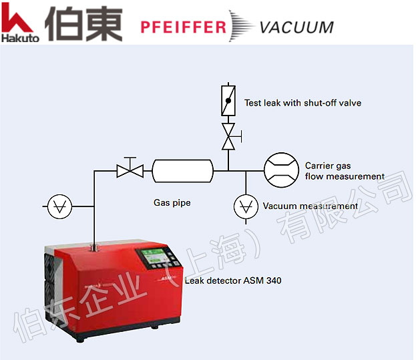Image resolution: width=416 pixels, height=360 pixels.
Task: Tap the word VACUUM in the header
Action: pos(296,27)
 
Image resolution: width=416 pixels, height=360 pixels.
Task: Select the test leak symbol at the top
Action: pos(228,100)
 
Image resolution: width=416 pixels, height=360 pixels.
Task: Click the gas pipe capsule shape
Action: pos(182,171)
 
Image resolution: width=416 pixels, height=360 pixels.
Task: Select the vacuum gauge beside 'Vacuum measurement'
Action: pos(246,206)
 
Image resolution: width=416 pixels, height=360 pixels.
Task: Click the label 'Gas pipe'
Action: pos(172,202)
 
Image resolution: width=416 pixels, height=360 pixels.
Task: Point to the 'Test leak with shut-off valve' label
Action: pos(302,103)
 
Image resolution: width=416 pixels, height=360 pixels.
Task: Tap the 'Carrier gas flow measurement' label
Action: pos(344,171)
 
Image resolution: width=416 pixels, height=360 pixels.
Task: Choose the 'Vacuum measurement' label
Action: pos(310,206)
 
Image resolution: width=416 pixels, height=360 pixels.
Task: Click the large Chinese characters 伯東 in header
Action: pos(83,23)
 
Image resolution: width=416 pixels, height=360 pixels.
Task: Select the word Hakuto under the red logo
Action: pos(20,38)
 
